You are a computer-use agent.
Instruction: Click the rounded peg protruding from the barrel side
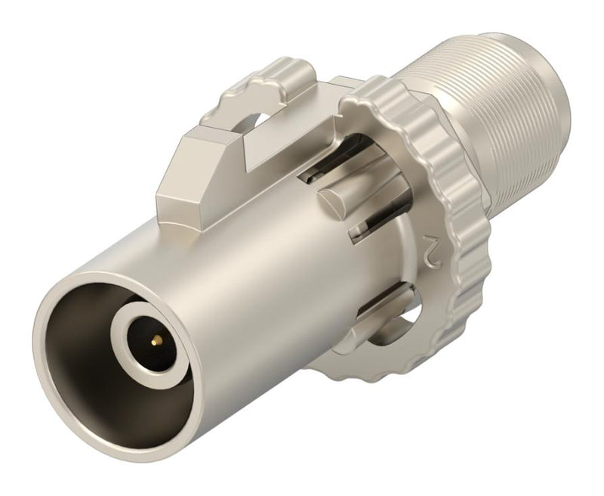click(x=340, y=204)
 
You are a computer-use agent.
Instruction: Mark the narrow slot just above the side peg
click(x=325, y=175)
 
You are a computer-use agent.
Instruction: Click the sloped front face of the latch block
click(x=181, y=151)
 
